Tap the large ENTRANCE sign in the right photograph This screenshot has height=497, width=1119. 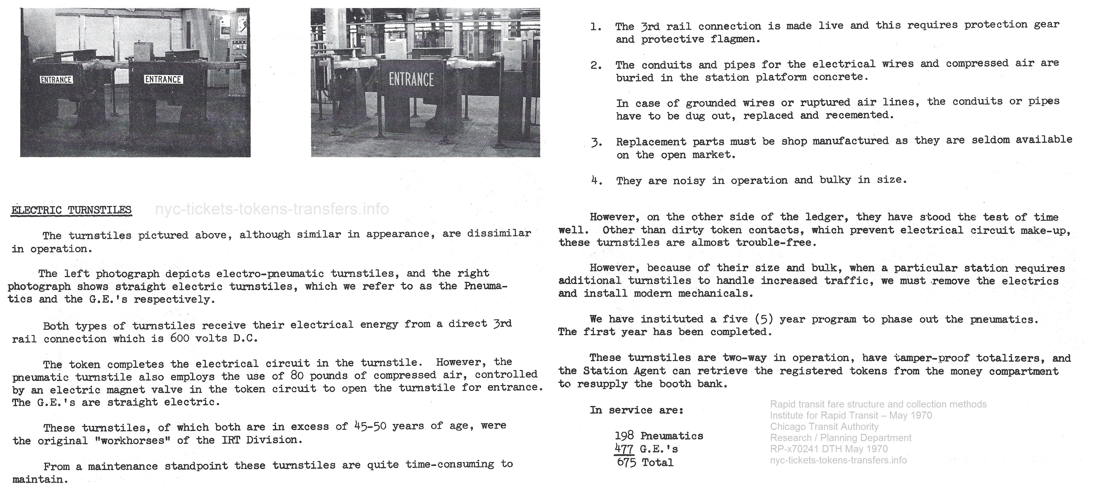[411, 80]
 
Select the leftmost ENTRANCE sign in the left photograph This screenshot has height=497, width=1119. [56, 80]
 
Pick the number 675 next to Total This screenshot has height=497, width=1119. [626, 462]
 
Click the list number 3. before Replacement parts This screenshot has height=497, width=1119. [596, 142]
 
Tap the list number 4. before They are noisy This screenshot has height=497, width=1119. [596, 181]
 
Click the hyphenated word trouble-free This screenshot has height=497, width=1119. [776, 243]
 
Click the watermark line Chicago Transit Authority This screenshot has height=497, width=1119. [824, 427]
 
